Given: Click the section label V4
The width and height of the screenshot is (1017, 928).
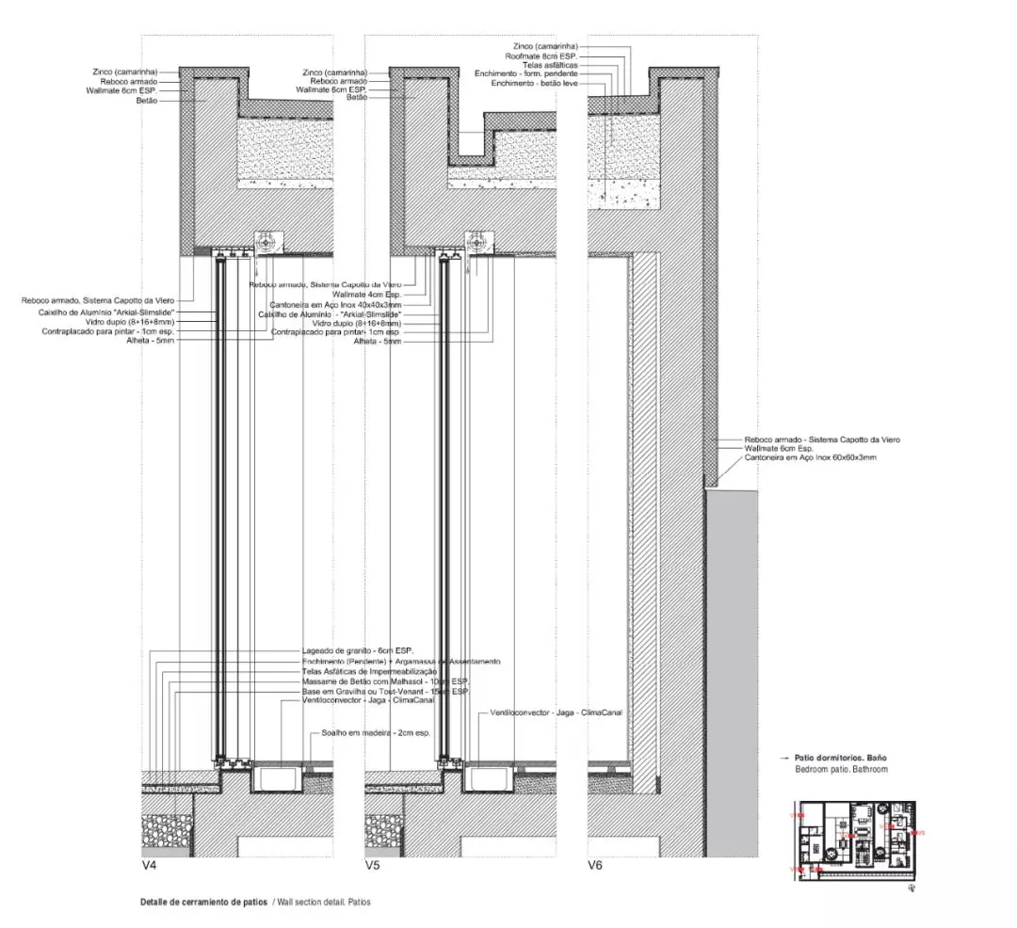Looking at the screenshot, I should [x=149, y=864].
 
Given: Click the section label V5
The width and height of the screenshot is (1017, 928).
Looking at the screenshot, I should [x=372, y=864].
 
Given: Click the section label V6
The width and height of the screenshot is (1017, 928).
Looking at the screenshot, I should [x=595, y=864].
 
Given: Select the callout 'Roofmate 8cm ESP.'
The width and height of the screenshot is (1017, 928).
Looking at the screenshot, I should [x=544, y=56].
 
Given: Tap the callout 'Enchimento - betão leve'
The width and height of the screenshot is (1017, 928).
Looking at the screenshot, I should [x=534, y=84].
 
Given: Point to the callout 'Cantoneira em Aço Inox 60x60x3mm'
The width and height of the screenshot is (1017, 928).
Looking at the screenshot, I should [x=810, y=457].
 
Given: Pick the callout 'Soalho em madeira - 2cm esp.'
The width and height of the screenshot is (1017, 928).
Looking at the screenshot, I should [x=375, y=731].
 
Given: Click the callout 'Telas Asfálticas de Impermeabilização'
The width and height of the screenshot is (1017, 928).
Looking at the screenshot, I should [x=369, y=671].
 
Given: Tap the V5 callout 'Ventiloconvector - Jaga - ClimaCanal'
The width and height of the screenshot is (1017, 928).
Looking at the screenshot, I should [x=556, y=712].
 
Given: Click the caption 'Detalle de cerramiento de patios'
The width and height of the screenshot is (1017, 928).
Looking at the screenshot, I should [x=203, y=902].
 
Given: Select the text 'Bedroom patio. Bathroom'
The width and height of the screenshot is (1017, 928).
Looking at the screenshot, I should [x=841, y=769].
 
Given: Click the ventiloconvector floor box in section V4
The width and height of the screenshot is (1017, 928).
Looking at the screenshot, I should [x=276, y=778].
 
